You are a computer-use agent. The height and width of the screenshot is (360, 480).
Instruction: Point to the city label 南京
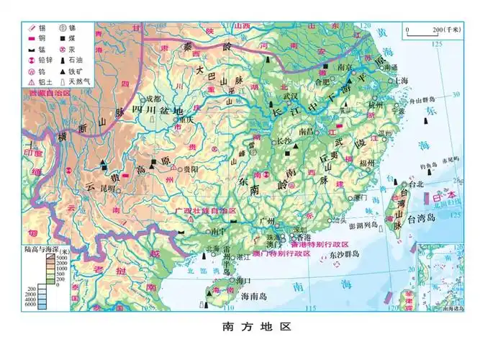(344, 67)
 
